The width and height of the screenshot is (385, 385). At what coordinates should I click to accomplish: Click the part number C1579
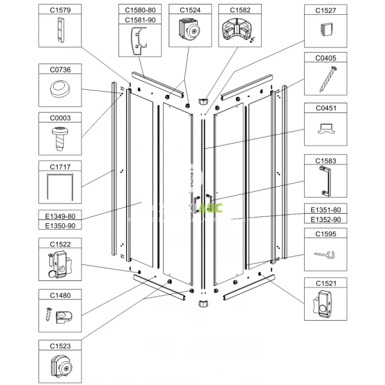[61, 10]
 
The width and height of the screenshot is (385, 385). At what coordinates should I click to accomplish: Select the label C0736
[61, 69]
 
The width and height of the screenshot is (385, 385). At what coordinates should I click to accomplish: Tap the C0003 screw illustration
[60, 137]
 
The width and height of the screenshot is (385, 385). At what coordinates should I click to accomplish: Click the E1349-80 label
[61, 217]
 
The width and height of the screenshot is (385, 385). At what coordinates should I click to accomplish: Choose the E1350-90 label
[61, 226]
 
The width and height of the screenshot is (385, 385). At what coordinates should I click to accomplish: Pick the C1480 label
[61, 296]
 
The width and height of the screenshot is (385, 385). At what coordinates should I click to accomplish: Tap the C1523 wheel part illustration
[61, 367]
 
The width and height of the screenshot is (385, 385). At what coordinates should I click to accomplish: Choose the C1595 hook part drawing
[325, 255]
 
